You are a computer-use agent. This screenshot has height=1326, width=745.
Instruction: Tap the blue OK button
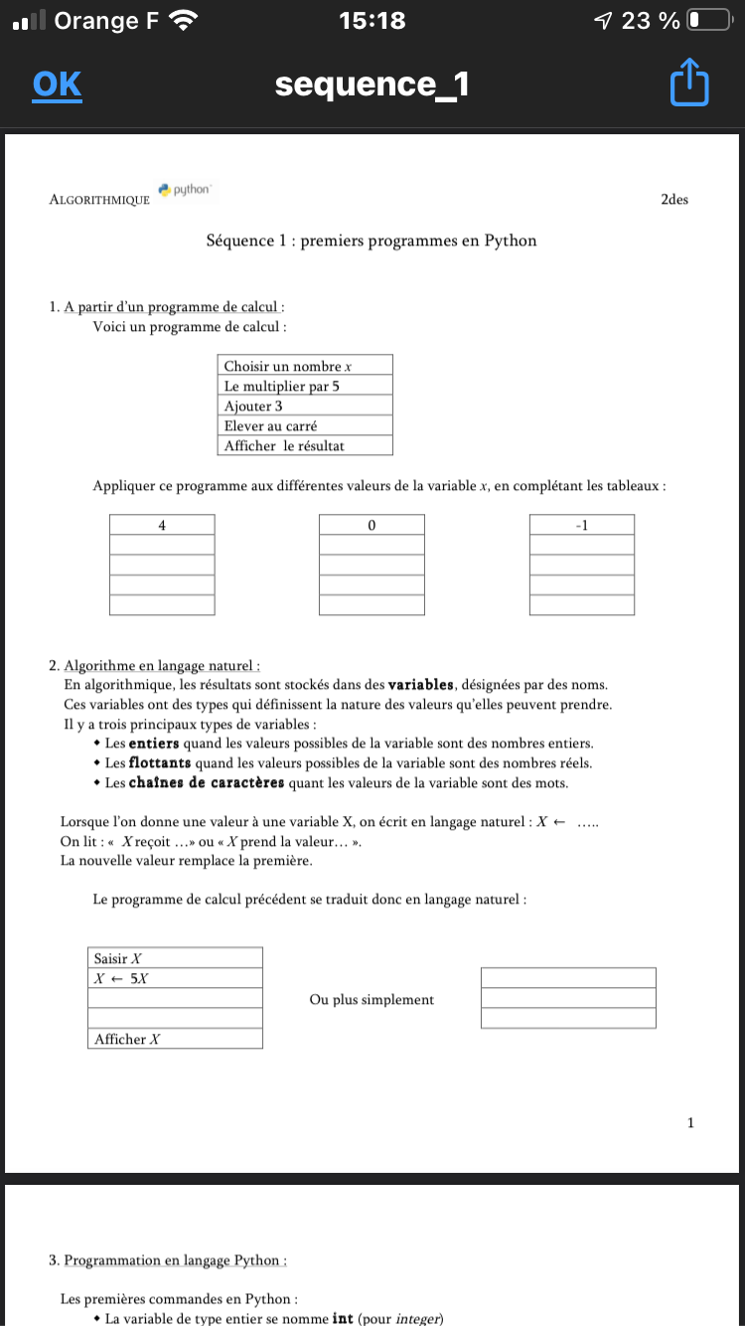tap(57, 84)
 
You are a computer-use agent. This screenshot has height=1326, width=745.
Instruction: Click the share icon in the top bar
tap(689, 83)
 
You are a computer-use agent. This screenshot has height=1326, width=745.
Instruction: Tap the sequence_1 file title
tap(372, 85)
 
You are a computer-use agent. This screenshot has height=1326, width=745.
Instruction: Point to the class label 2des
tap(673, 199)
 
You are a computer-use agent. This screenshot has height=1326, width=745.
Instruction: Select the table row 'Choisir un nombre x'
tap(305, 366)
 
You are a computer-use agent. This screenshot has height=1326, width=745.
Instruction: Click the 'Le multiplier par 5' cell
tap(305, 386)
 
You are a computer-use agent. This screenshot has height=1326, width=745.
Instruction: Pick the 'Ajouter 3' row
tap(305, 406)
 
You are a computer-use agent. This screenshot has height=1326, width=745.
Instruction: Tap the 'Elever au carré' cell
tap(305, 425)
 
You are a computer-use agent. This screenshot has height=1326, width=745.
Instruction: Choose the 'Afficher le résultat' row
tap(305, 445)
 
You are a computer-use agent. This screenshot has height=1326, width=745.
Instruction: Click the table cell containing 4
tap(162, 525)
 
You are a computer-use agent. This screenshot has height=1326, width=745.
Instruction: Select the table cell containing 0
tap(372, 525)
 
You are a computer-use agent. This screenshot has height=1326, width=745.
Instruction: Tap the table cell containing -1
tap(582, 525)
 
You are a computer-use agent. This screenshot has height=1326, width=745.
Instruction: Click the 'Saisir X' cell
tap(175, 958)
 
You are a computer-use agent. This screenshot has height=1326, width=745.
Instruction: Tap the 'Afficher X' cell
tap(175, 1039)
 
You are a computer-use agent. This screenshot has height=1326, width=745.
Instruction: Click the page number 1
tap(690, 1123)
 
